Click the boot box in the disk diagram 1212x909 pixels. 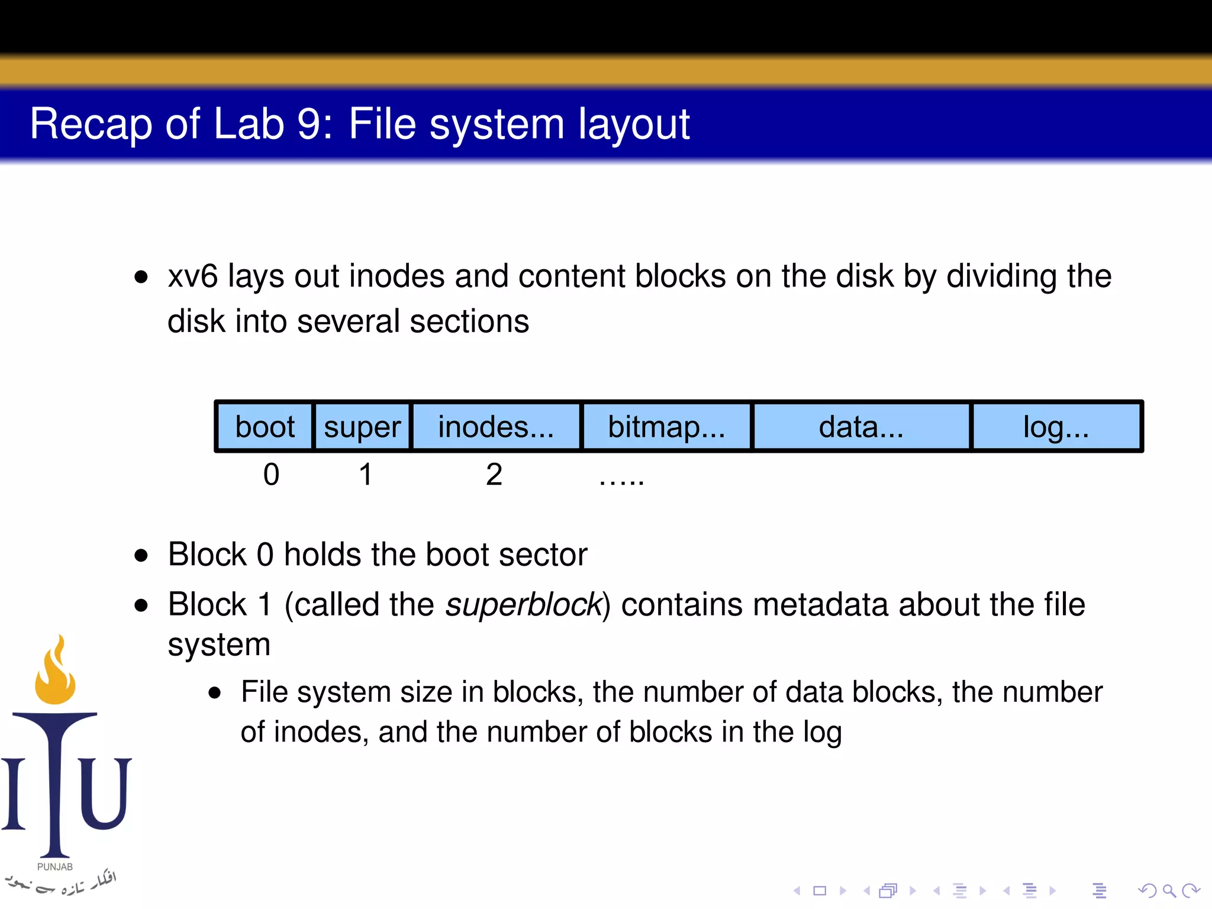265,427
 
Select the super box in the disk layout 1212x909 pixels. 362,427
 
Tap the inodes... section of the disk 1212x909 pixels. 496,427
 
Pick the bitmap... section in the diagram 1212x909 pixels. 666,427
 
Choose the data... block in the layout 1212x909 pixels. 861,427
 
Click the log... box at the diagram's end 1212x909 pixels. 1056,427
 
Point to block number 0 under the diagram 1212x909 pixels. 271,475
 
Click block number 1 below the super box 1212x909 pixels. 366,475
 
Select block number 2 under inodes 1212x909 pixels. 494,475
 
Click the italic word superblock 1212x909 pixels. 523,605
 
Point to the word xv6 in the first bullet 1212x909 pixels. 193,276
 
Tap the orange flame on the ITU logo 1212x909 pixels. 56,672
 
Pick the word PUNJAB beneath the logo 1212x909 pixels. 55,867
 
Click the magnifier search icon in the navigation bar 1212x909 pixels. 1169,891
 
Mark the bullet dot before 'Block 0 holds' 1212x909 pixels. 141,555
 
